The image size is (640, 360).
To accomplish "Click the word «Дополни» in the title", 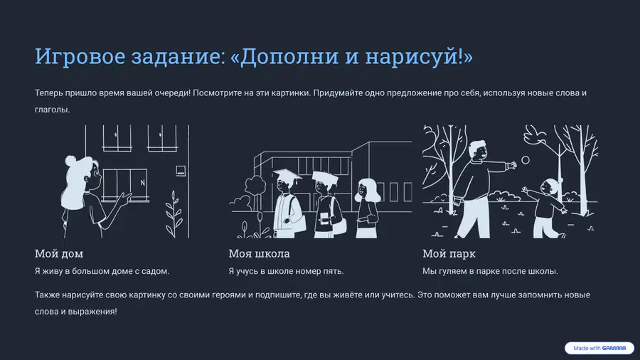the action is pyautogui.click(x=289, y=56).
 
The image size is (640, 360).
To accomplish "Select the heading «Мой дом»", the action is pyautogui.click(x=59, y=253).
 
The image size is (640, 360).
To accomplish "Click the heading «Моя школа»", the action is pyautogui.click(x=259, y=253).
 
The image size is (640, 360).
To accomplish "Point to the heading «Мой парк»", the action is pyautogui.click(x=449, y=254).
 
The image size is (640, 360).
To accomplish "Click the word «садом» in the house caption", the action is pyautogui.click(x=155, y=271).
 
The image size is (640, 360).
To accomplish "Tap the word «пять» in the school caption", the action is pyautogui.click(x=334, y=271).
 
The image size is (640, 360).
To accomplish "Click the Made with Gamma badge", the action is pyautogui.click(x=599, y=348).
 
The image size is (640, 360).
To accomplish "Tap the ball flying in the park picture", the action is pyautogui.click(x=526, y=160).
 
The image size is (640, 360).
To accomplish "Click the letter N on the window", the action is pyautogui.click(x=142, y=183).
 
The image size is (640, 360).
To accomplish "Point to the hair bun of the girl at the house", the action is pyautogui.click(x=70, y=160).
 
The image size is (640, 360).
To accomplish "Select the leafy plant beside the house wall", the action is pyautogui.click(x=174, y=214).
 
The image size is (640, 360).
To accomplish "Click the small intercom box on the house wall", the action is pyautogui.click(x=181, y=171).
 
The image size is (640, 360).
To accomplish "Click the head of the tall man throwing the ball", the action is pyautogui.click(x=478, y=150).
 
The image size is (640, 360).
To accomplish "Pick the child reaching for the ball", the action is pyautogui.click(x=545, y=207).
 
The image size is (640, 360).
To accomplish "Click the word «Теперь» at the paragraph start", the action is pyautogui.click(x=48, y=93).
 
